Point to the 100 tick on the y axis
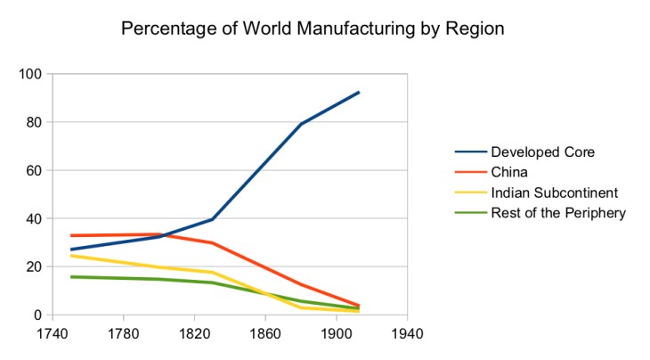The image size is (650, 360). coord(30,74)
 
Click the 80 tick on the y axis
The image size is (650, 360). coord(34,122)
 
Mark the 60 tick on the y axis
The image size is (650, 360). coord(34,170)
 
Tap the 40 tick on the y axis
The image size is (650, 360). coord(34,218)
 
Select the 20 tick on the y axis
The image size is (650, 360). coord(34,266)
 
